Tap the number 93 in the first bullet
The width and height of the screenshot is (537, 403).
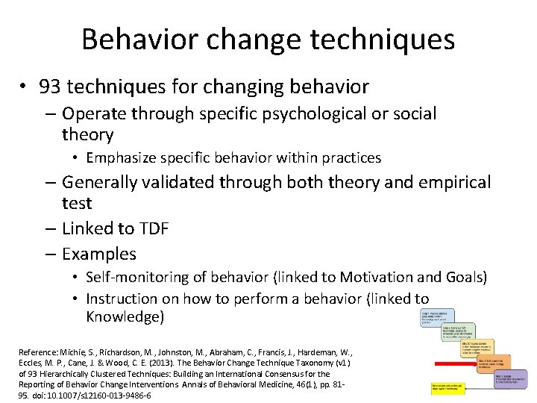53,87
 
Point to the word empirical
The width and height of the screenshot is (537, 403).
455,182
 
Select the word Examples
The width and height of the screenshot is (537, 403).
99,254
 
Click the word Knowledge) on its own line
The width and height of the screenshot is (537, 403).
125,316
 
